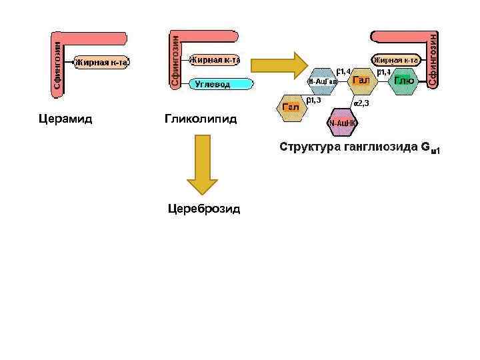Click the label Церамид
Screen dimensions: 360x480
click(x=65, y=119)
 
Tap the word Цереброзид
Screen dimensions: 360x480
click(x=203, y=209)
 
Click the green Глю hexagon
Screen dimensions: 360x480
click(x=404, y=81)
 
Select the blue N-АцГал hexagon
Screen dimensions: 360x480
click(x=323, y=81)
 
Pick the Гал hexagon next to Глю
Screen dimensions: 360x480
click(x=361, y=81)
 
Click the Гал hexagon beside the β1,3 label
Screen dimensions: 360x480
click(x=290, y=107)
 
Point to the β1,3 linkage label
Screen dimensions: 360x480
click(x=314, y=101)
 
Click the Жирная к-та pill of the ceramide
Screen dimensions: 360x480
click(x=101, y=63)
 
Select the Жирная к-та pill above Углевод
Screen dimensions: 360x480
click(x=215, y=60)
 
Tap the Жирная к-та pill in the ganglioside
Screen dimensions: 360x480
click(x=395, y=60)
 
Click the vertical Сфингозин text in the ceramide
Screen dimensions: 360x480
click(x=58, y=65)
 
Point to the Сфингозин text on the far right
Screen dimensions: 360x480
click(x=432, y=59)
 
